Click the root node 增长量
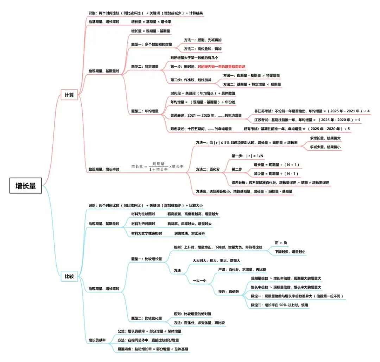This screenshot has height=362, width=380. pyautogui.click(x=26, y=186)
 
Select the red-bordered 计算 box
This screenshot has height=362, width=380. pyautogui.click(x=69, y=95)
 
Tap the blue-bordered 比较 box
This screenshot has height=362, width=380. pyautogui.click(x=69, y=276)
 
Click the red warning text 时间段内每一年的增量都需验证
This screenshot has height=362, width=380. pyautogui.click(x=221, y=66)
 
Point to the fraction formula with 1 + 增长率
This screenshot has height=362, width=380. pyautogui.click(x=158, y=166)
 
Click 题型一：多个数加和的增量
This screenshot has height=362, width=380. pyautogui.click(x=152, y=44)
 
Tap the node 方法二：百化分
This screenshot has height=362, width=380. pyautogui.click(x=207, y=169)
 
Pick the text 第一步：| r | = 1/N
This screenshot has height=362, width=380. pyautogui.click(x=248, y=156)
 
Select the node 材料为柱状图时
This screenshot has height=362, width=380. pyautogui.click(x=143, y=214)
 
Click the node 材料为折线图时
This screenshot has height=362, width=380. pyautogui.click(x=143, y=223)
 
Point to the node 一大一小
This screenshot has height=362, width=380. pyautogui.click(x=200, y=281)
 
